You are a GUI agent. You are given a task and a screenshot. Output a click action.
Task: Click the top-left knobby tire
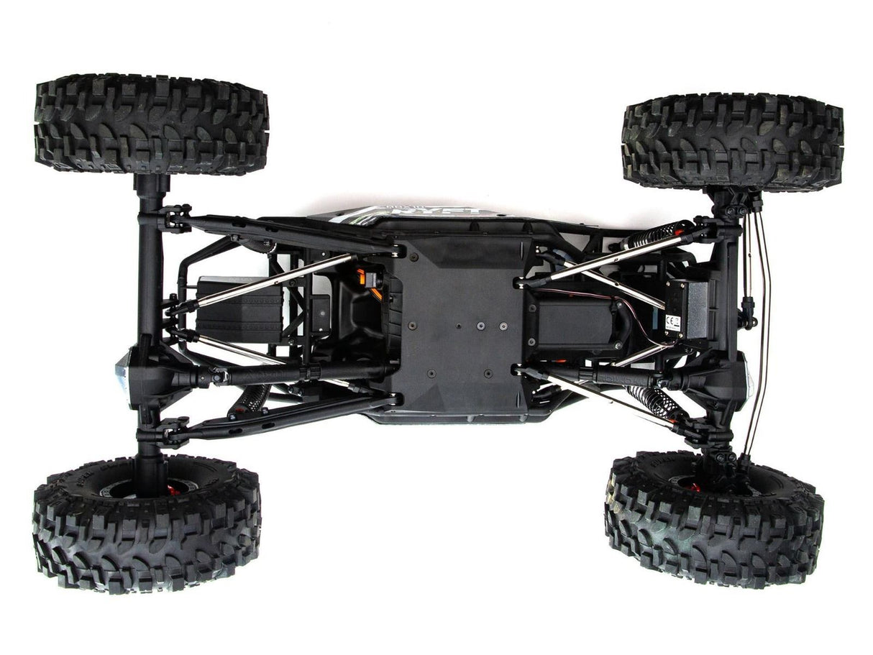point(151,124)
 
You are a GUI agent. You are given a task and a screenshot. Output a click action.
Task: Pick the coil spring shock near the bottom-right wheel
point(651,399)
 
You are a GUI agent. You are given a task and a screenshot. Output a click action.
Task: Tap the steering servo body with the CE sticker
point(683,309)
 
